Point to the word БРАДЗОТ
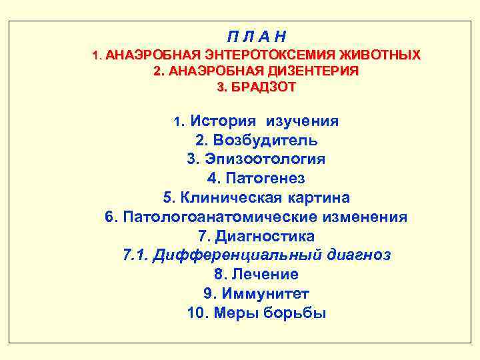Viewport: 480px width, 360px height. (265, 87)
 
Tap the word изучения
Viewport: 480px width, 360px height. (302, 121)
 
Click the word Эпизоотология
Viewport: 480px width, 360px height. (265, 159)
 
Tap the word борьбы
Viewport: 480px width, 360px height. (294, 313)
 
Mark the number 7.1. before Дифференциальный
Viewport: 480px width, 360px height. (136, 255)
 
